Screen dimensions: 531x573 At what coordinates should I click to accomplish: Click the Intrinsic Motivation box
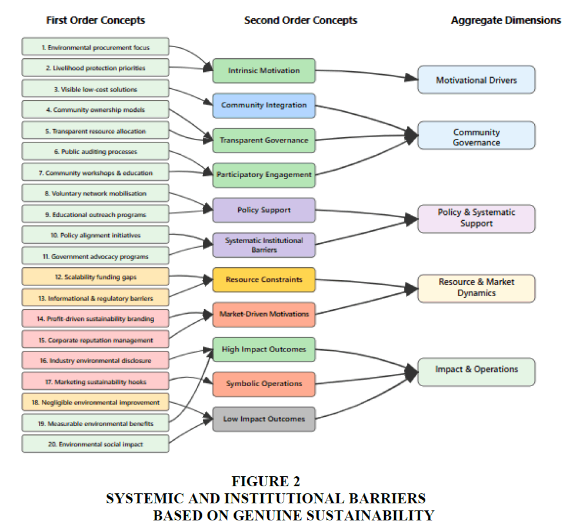[264, 71]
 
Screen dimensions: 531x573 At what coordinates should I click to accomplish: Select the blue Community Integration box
[264, 105]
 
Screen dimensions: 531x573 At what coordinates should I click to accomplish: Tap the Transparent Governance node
[264, 140]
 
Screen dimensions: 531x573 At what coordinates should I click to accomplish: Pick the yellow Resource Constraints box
[264, 280]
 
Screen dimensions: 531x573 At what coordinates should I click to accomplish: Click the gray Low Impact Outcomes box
[264, 419]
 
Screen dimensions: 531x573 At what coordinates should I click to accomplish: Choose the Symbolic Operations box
[264, 384]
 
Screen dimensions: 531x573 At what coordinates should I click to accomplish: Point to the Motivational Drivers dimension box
[476, 79]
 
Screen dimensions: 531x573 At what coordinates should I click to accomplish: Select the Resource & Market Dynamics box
[476, 288]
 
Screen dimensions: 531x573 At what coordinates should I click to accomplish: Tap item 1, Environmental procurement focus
[95, 47]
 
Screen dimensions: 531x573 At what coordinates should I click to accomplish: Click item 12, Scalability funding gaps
[95, 277]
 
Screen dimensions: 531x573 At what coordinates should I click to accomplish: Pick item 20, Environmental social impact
[95, 444]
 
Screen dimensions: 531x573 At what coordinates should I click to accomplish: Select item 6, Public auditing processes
[95, 152]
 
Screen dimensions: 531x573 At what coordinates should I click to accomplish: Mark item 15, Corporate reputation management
[95, 340]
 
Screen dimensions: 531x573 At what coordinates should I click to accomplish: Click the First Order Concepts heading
[95, 21]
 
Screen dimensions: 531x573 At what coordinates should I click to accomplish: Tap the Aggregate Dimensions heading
[505, 21]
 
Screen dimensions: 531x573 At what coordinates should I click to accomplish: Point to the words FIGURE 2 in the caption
[265, 482]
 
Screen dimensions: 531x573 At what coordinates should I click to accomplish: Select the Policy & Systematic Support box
[476, 218]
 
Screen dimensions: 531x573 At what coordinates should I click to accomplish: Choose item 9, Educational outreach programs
[95, 214]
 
